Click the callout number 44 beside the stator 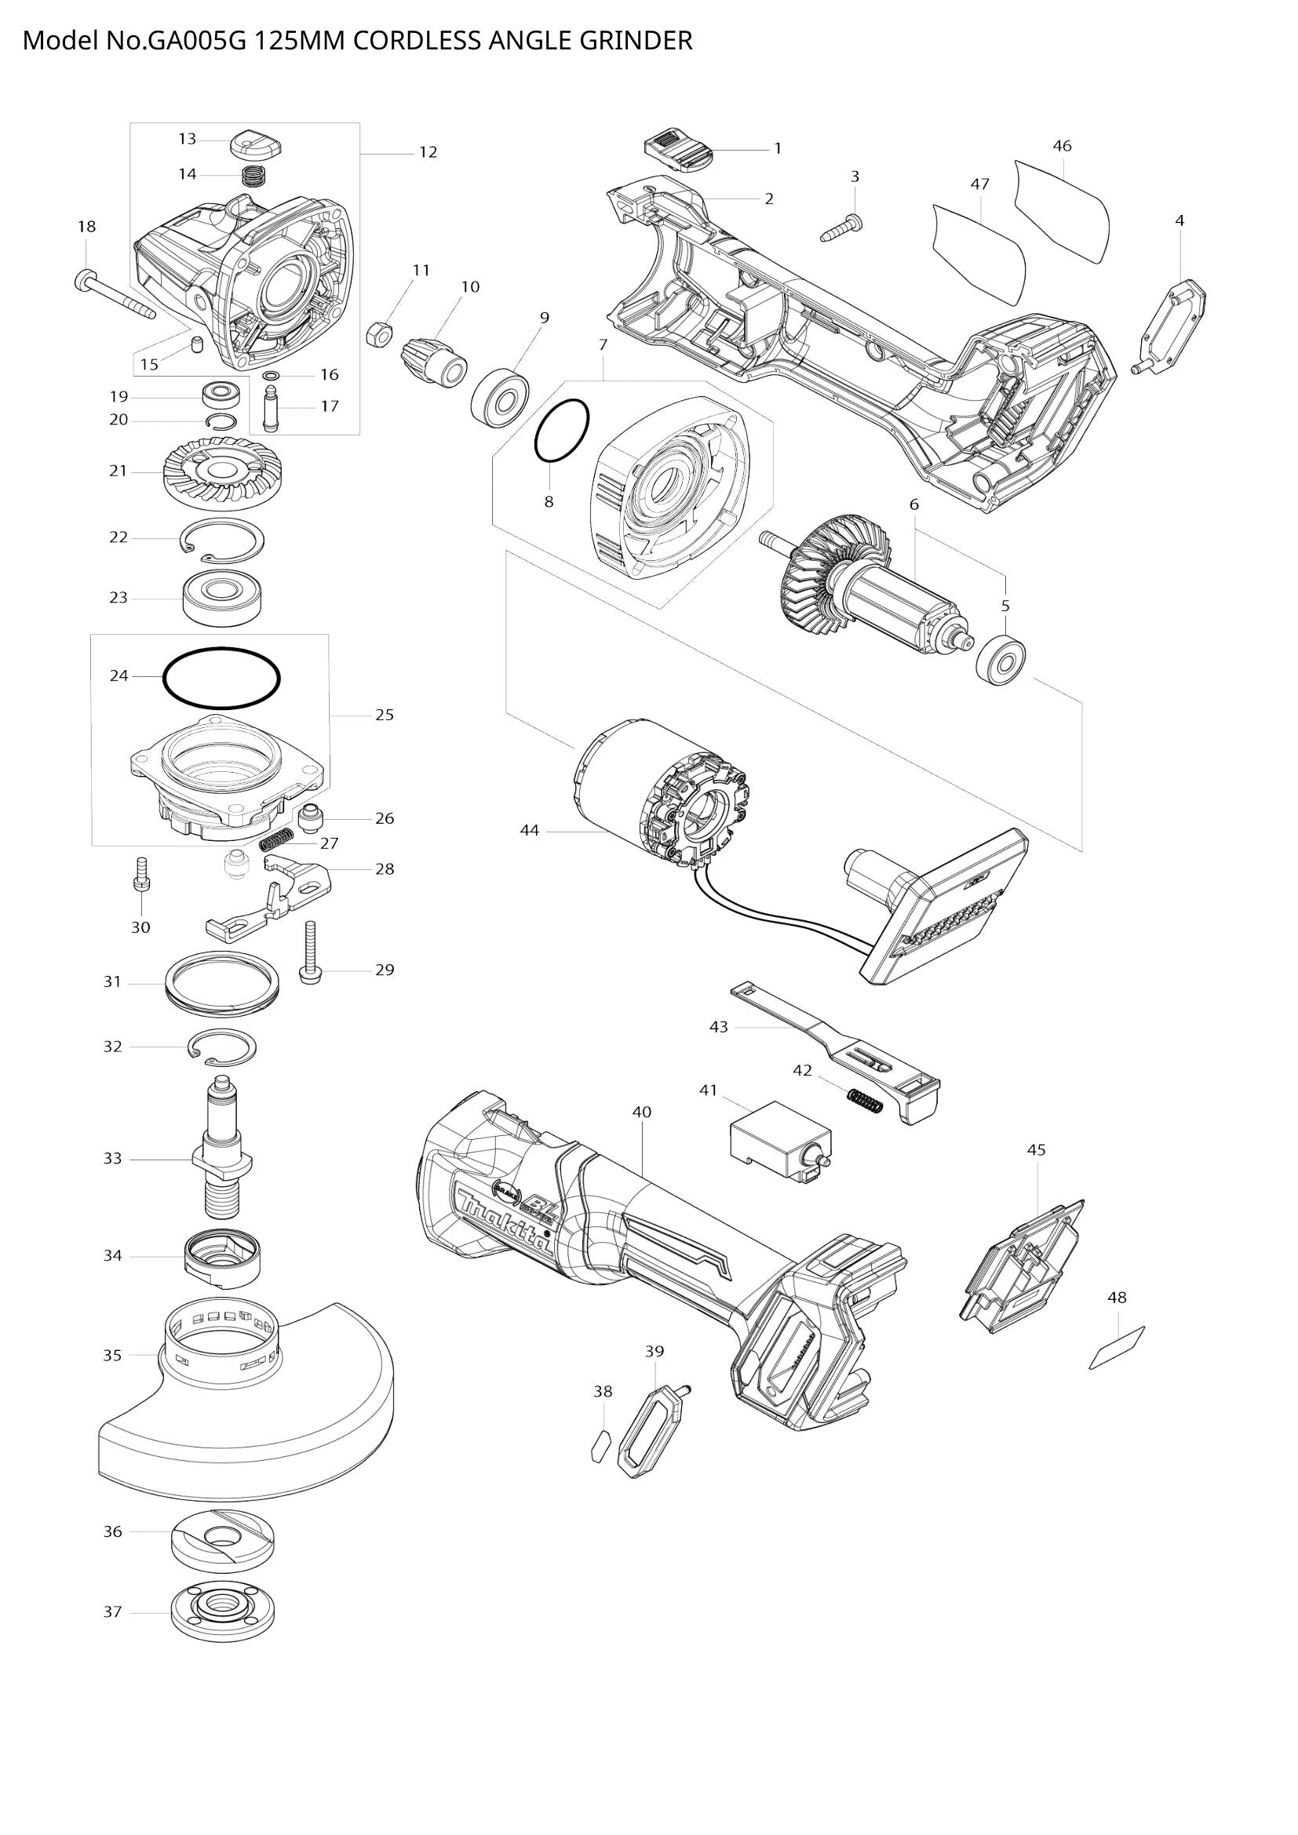coord(530,831)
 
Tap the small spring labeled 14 coord(253,175)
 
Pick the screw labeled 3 coord(840,228)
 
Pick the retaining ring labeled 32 coord(223,1048)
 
